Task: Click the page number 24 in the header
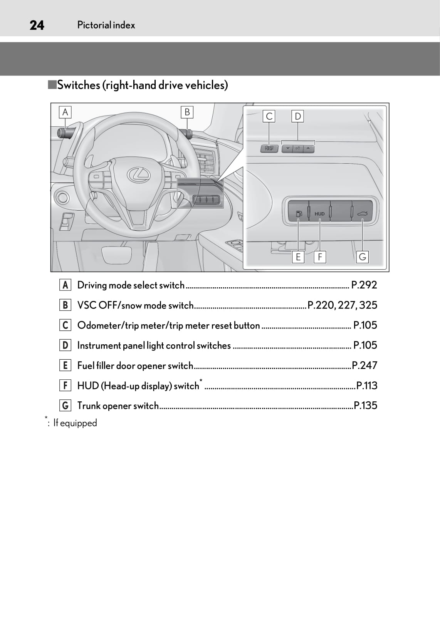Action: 37,25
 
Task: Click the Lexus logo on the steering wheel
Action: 138,174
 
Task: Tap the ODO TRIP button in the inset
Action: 269,148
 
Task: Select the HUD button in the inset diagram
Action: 319,213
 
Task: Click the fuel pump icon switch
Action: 299,213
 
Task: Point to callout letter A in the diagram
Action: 65,112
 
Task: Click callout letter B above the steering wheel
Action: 187,112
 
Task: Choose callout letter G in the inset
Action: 362,257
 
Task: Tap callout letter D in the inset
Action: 297,116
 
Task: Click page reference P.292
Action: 364,285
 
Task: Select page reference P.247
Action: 364,365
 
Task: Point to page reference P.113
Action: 366,386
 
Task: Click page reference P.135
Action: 365,406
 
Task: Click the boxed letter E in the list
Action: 65,365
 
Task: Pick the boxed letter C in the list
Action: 65,325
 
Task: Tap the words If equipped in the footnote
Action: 75,423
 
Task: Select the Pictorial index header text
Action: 106,25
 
